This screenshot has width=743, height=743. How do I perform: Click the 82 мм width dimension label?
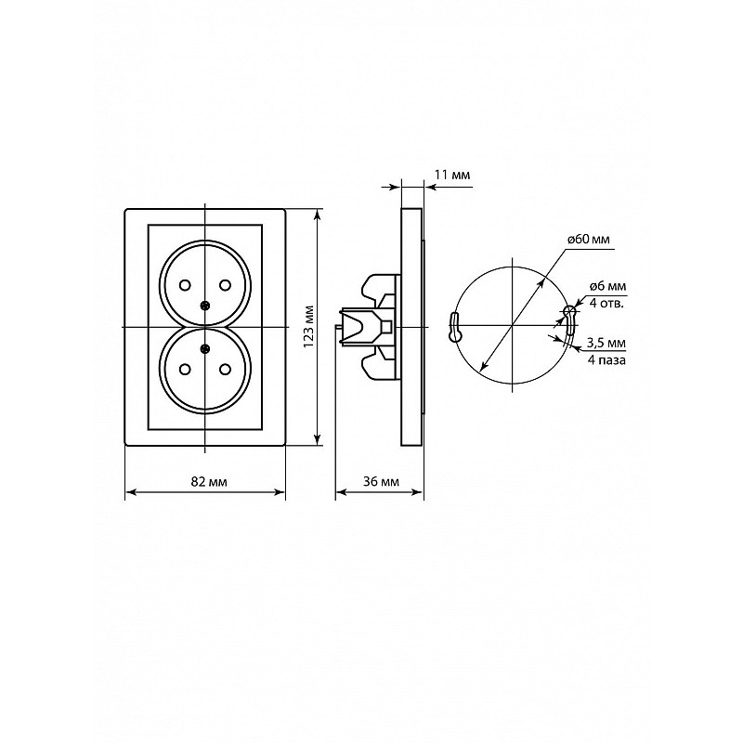[209, 482]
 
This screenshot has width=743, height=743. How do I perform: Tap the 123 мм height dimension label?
[308, 327]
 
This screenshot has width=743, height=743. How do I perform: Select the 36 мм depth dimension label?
[381, 482]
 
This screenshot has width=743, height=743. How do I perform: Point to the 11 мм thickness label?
[452, 175]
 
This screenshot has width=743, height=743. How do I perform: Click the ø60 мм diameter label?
[589, 240]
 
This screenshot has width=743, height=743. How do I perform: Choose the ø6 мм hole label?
[607, 286]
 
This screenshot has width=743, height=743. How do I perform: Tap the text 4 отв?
[606, 303]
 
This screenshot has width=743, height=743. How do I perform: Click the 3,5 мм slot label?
[606, 343]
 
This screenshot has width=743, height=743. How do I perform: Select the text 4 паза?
[606, 360]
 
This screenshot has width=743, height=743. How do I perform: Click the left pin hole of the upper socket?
[185, 285]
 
